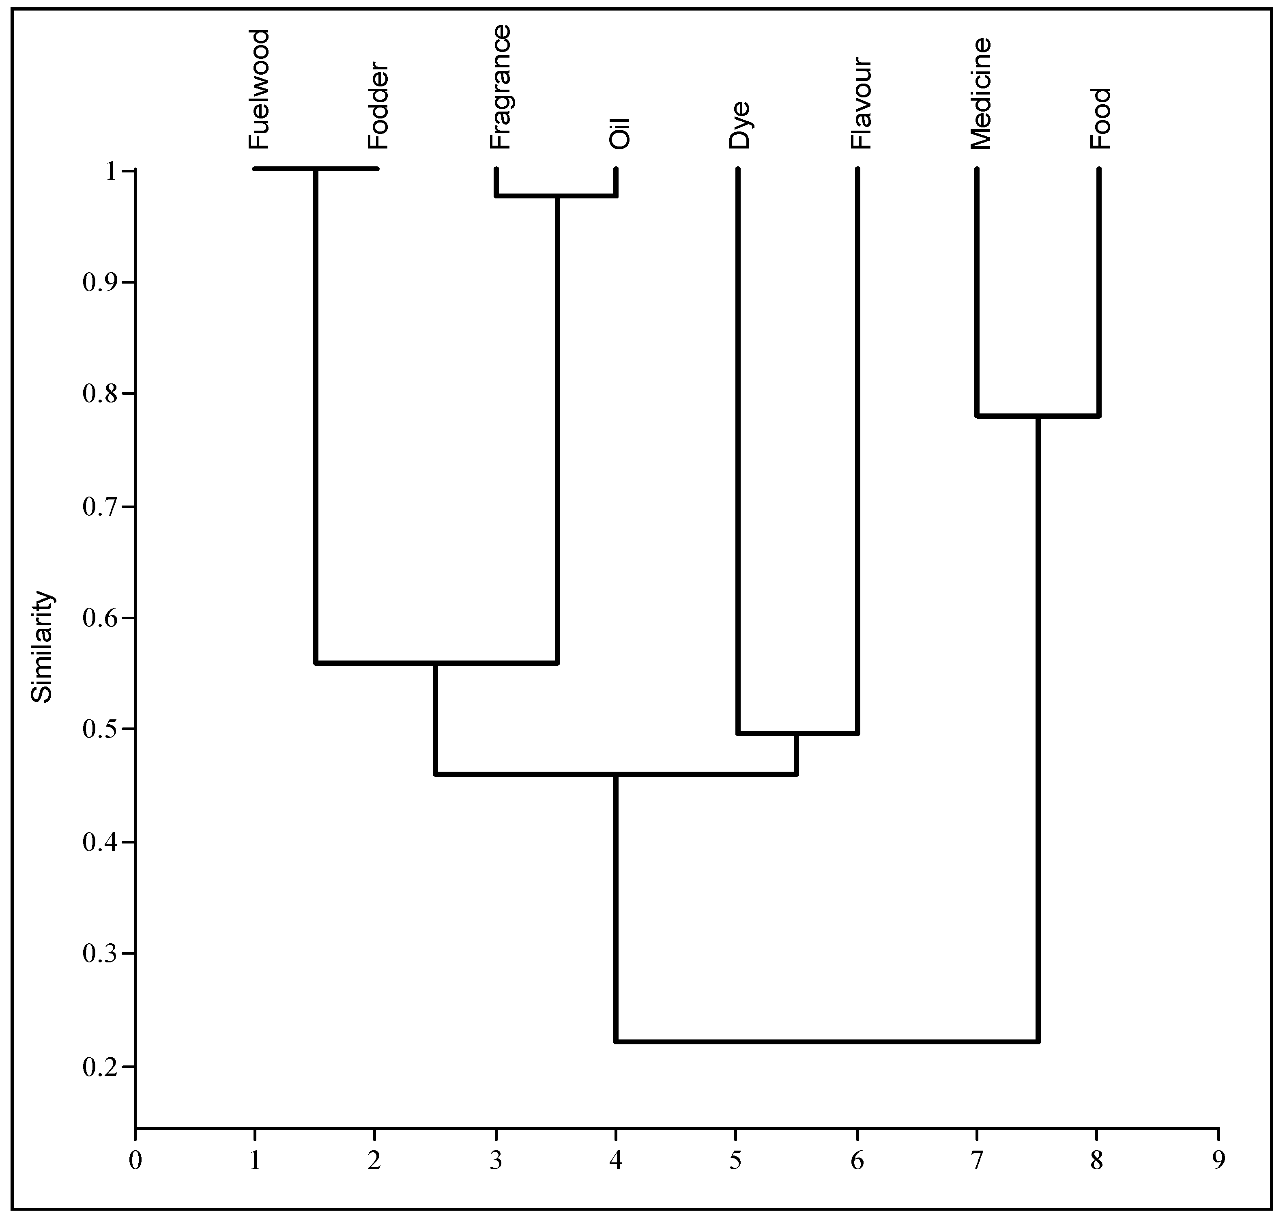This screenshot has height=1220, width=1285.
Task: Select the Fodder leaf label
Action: coord(378,106)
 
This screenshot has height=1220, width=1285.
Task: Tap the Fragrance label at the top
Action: coord(500,87)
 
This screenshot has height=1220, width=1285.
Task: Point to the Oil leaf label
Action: coord(620,133)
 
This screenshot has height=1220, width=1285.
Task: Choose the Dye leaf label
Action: coord(739,125)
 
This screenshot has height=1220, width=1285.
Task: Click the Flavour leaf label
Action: coord(861,104)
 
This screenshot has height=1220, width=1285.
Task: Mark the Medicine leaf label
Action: coord(981,94)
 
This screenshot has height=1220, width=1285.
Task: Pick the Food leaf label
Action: coord(1101,118)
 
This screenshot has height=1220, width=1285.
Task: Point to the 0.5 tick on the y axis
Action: coord(101,729)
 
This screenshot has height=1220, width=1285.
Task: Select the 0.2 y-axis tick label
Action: coord(101,1067)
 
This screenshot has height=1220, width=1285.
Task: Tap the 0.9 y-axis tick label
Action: coord(101,282)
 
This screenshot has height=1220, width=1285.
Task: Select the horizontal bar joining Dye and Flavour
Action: coord(797,734)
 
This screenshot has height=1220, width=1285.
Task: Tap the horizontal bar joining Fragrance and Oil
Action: coord(556,195)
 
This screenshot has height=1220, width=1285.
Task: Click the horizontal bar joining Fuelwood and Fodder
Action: coord(316,169)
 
